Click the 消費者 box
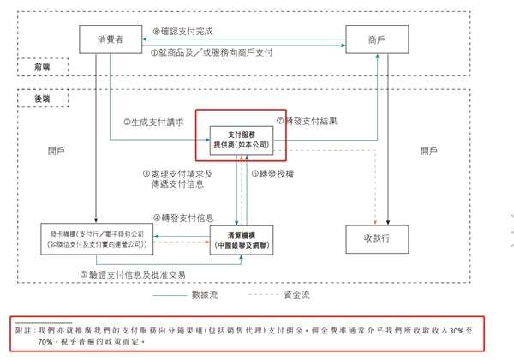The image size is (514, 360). [109, 39]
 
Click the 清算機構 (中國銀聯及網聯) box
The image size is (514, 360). [244, 238]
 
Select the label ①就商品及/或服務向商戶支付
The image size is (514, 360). [212, 53]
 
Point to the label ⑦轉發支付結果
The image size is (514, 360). [311, 121]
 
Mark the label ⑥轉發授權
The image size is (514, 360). [272, 173]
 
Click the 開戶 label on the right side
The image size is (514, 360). [428, 151]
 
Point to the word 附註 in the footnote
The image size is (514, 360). [23, 328]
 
